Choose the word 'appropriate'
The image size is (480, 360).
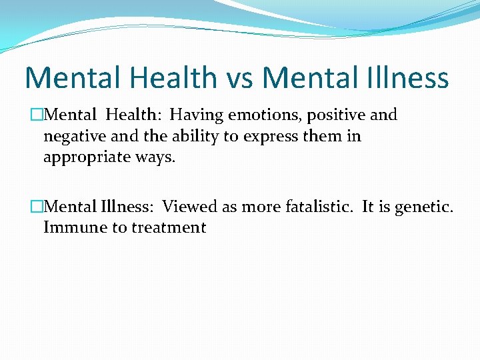click(86, 158)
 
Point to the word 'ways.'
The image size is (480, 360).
click(155, 158)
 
